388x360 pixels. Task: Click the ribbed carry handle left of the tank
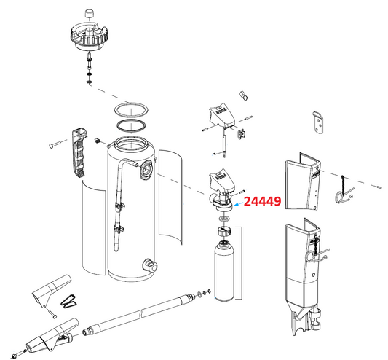pos(79,152)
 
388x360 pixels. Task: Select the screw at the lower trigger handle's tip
pos(25,354)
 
